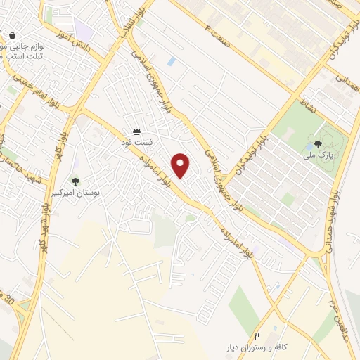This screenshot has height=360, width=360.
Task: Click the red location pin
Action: tap(182, 165)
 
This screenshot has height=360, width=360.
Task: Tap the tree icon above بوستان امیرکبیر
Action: tap(76, 181)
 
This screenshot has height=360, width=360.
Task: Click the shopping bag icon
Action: tap(12, 36)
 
